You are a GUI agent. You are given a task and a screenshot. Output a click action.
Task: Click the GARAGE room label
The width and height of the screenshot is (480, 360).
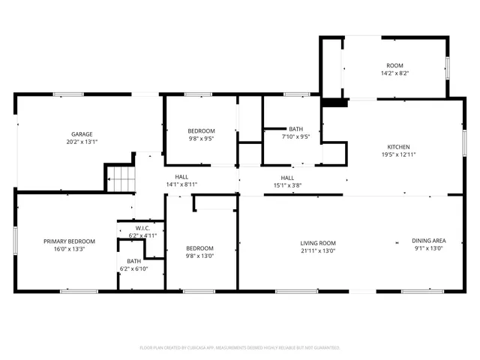71,134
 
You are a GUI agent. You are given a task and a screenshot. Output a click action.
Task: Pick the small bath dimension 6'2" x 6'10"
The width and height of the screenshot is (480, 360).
134,268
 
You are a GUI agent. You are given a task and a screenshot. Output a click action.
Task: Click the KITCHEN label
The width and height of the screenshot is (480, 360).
398,147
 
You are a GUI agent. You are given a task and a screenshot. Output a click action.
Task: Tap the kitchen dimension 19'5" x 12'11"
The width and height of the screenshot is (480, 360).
398,154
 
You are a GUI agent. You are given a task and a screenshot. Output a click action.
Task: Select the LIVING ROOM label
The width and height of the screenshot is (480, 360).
318,243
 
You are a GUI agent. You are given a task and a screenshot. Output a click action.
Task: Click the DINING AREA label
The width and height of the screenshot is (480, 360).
427,241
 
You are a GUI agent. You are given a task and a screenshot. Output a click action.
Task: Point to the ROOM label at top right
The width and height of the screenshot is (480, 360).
394,66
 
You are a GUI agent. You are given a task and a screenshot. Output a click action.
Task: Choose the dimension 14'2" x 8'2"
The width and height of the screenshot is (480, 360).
394,73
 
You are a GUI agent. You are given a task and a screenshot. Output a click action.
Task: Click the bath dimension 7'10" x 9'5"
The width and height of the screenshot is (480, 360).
295,136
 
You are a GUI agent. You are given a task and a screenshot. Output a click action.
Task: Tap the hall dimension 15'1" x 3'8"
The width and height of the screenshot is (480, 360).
287,184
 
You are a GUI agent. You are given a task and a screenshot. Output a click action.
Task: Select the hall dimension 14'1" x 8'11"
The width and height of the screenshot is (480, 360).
181,184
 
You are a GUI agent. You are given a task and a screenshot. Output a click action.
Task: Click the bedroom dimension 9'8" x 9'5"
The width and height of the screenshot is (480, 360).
200,138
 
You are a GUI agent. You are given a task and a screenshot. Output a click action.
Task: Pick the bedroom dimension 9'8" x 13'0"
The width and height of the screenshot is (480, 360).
200,256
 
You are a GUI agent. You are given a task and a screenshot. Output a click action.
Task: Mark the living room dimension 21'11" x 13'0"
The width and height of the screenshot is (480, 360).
318,250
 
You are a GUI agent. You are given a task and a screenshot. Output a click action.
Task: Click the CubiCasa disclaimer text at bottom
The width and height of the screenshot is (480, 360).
240,347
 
